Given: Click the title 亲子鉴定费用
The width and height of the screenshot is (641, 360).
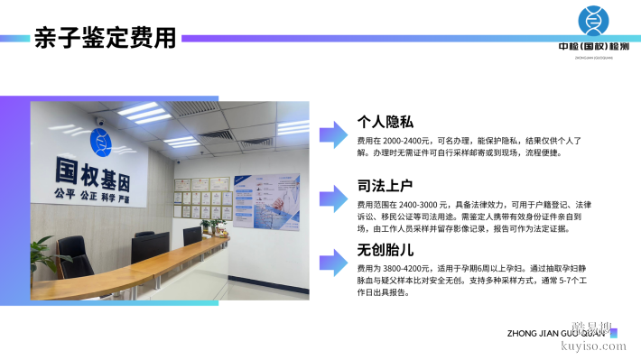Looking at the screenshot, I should [x=106, y=39].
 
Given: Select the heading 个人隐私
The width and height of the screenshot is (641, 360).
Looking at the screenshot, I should [x=386, y=123].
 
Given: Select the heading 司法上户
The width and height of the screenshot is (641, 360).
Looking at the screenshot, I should [x=386, y=188].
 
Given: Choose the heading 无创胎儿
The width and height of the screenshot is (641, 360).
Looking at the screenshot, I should [x=386, y=250].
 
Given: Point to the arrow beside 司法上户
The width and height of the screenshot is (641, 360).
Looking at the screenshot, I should [x=335, y=198].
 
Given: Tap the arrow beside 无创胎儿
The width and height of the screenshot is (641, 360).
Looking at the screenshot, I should [x=335, y=263].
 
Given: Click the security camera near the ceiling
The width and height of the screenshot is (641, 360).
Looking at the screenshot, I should [x=100, y=122].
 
